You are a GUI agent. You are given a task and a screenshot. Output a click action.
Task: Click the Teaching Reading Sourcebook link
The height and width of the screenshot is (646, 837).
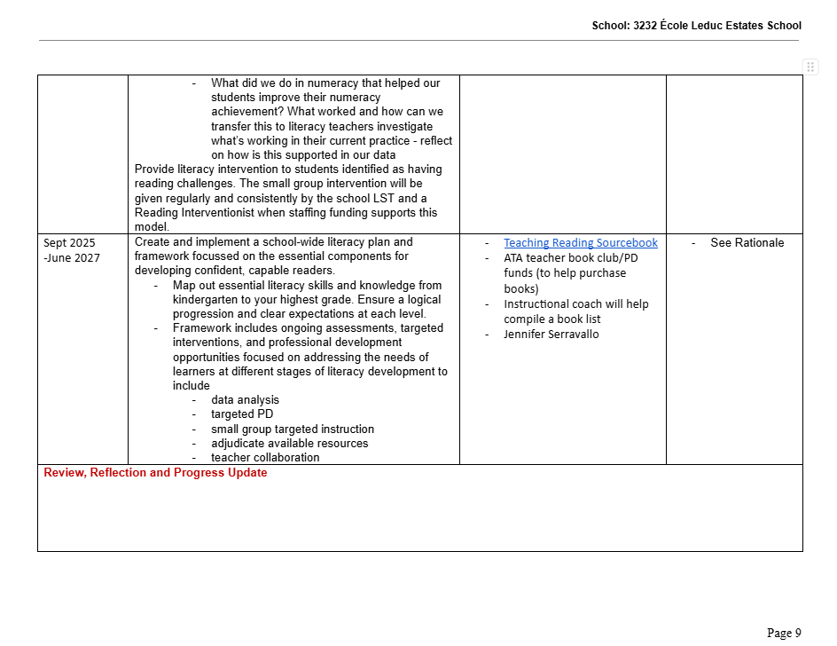(581, 243)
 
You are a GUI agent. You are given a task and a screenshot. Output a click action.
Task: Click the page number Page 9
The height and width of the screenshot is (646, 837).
(784, 633)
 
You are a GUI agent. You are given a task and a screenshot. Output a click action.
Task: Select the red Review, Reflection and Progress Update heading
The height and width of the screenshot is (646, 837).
(155, 473)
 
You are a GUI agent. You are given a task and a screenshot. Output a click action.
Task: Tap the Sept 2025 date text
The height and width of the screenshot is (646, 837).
(69, 243)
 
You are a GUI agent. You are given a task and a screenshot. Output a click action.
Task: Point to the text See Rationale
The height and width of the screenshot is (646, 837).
(747, 243)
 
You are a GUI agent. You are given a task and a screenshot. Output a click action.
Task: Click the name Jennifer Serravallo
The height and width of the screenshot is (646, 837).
(551, 335)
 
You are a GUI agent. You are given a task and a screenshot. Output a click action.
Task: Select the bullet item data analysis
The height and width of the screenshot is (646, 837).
(245, 400)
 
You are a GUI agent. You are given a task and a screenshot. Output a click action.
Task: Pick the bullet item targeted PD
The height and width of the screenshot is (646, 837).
(242, 414)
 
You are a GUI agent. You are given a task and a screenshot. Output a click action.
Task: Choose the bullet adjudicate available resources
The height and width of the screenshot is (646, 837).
(289, 443)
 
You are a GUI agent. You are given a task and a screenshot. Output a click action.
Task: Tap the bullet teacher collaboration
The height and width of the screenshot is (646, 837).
(265, 457)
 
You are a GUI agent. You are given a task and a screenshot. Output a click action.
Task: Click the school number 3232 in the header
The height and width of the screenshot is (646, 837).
(645, 26)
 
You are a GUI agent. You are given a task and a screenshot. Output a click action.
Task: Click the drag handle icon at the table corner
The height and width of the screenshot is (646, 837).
(810, 67)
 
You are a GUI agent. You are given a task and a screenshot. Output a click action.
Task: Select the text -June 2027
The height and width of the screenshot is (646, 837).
(72, 257)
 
